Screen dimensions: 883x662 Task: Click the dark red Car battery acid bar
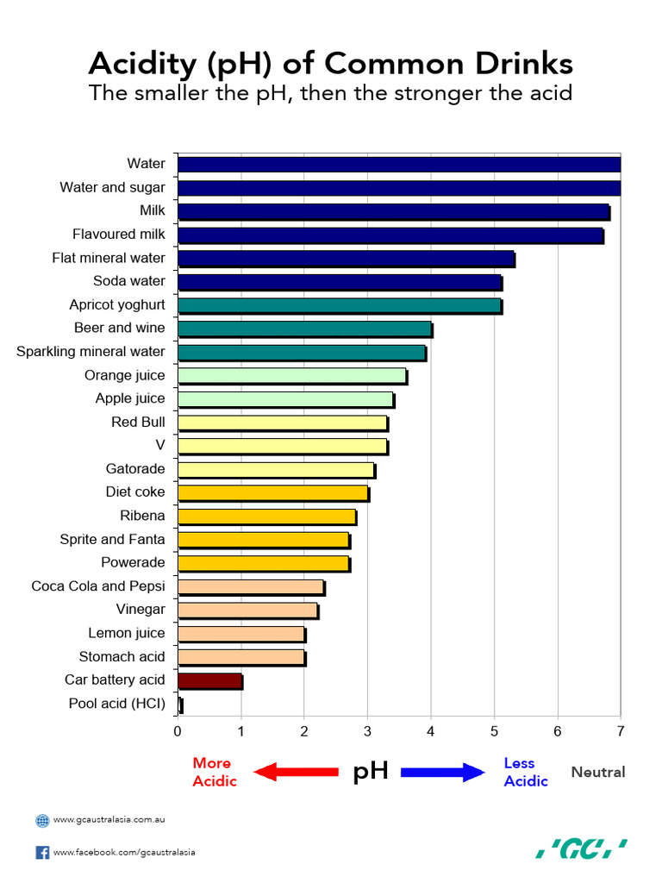pyautogui.click(x=209, y=680)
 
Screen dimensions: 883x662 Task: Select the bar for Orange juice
pyautogui.click(x=291, y=375)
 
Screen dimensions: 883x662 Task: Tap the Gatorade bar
pyautogui.click(x=276, y=469)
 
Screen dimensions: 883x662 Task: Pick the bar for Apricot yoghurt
pyautogui.click(x=339, y=305)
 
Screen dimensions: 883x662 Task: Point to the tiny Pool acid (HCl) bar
pyautogui.click(x=180, y=705)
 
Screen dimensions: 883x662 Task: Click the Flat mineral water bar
pyautogui.click(x=345, y=258)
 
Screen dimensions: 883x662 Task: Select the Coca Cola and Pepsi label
pyautogui.click(x=98, y=586)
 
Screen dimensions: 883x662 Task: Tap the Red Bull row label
pyautogui.click(x=138, y=423)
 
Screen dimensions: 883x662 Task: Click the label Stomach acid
pyautogui.click(x=122, y=657)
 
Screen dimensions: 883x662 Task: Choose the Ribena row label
pyautogui.click(x=142, y=516)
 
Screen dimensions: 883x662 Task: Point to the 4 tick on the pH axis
pyautogui.click(x=431, y=732)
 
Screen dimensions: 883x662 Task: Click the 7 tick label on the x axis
pyautogui.click(x=620, y=732)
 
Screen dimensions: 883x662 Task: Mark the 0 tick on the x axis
pyautogui.click(x=178, y=732)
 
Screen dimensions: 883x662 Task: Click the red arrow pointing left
pyautogui.click(x=295, y=772)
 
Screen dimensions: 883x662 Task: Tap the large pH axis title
pyautogui.click(x=371, y=771)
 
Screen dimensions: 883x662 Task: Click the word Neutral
pyautogui.click(x=598, y=772)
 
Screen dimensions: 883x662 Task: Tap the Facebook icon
pyautogui.click(x=42, y=853)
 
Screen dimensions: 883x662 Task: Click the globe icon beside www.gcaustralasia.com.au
pyautogui.click(x=42, y=821)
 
